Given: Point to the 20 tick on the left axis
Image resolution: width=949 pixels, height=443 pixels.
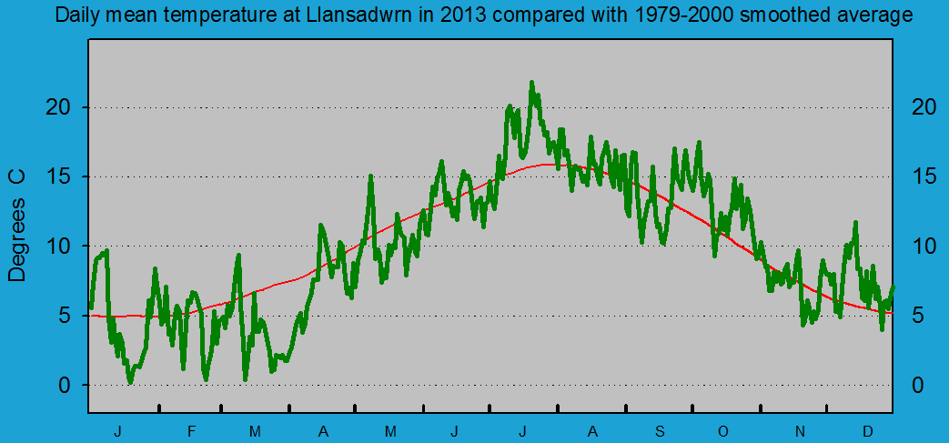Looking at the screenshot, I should tap(57, 107).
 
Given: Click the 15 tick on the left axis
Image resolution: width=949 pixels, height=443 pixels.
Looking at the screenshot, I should tap(57, 176).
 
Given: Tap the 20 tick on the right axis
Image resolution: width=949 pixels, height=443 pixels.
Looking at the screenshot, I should tap(924, 107).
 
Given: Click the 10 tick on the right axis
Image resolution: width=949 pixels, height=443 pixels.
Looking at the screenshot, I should tap(924, 247).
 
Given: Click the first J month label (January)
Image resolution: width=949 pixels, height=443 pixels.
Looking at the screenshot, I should tap(117, 430).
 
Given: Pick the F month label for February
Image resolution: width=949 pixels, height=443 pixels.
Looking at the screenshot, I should tap(191, 430).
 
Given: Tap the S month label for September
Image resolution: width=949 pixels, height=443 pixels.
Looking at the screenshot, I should tap(661, 430).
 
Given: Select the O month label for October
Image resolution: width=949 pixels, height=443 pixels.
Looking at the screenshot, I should tap(723, 430).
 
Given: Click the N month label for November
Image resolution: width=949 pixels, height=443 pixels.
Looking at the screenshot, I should tap(801, 430).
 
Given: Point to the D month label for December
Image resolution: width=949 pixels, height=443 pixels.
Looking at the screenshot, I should tap(867, 430).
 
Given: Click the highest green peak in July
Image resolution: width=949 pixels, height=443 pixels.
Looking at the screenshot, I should tap(531, 83).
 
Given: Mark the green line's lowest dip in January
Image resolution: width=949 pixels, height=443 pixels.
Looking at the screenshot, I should tap(130, 383).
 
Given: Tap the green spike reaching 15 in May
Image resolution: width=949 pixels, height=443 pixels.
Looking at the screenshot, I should tap(370, 176).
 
